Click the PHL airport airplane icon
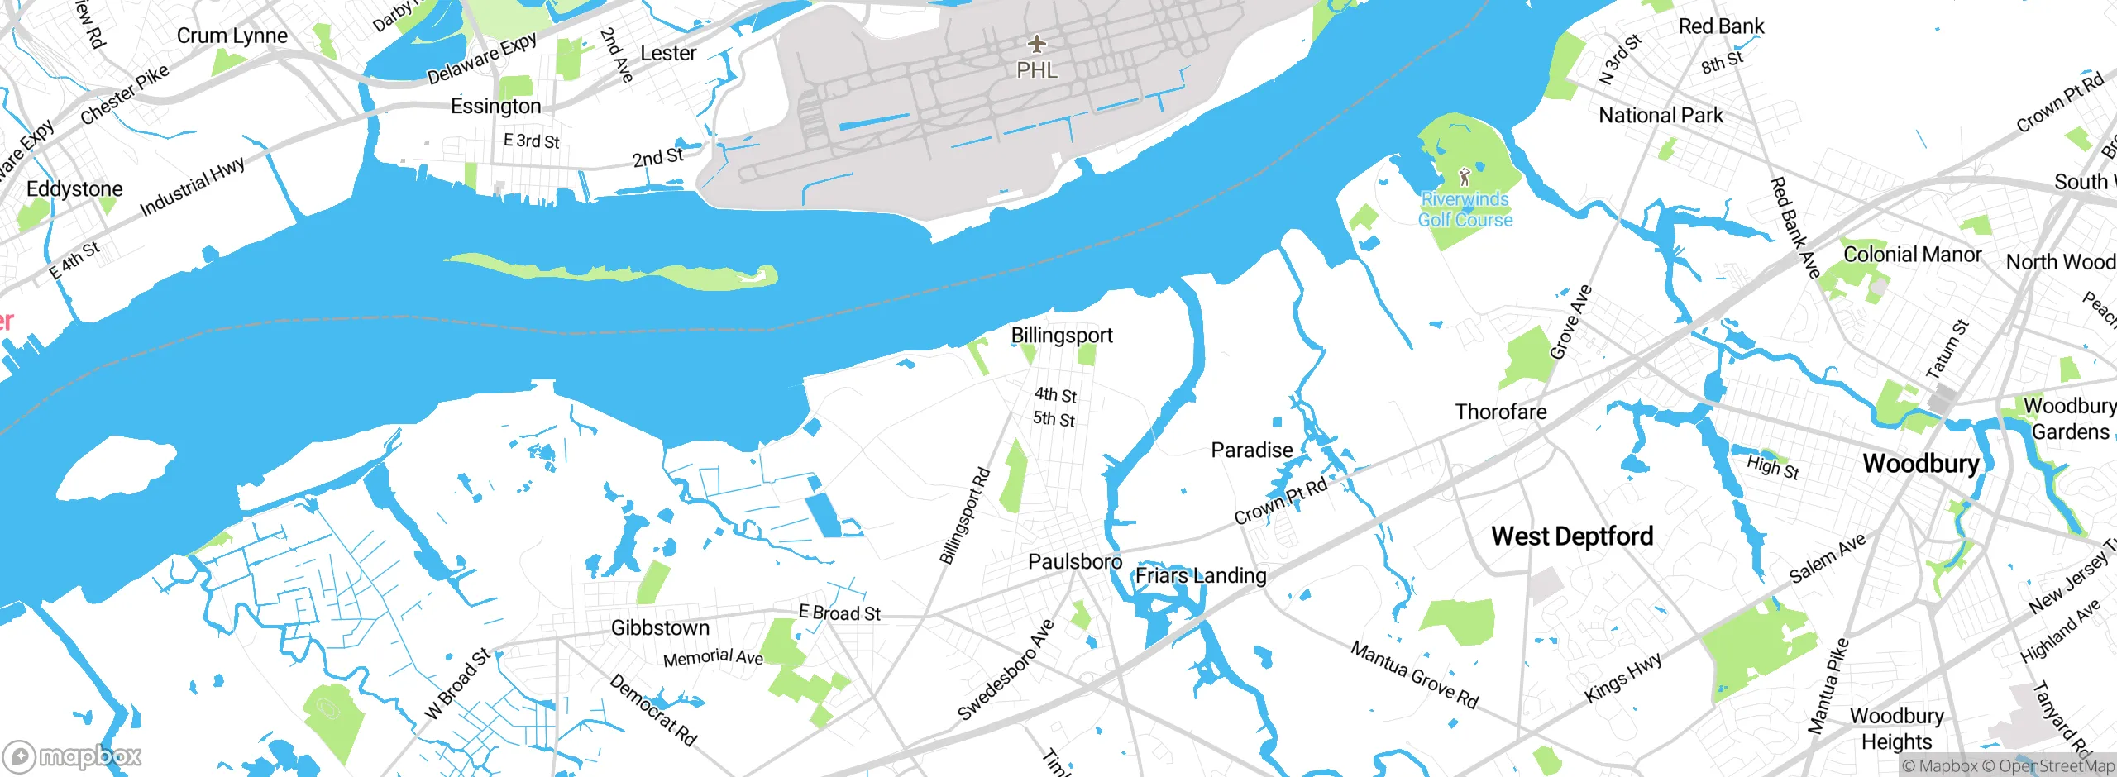tap(1036, 43)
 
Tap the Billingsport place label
tap(1062, 336)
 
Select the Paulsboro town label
tap(1074, 562)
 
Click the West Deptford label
tap(1572, 536)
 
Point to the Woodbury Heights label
tap(1896, 728)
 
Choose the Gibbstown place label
tap(660, 628)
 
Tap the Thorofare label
tap(1500, 412)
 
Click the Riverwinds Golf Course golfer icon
tap(1465, 177)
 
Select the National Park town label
tap(1661, 116)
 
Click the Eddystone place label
tap(74, 189)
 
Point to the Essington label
tap(495, 107)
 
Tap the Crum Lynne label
tap(232, 36)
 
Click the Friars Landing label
tap(1200, 575)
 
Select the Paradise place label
tap(1251, 450)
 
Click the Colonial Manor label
tap(1912, 255)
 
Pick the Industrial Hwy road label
tap(193, 186)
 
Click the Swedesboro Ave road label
tap(1006, 670)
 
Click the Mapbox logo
tap(73, 756)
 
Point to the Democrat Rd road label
tap(653, 710)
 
